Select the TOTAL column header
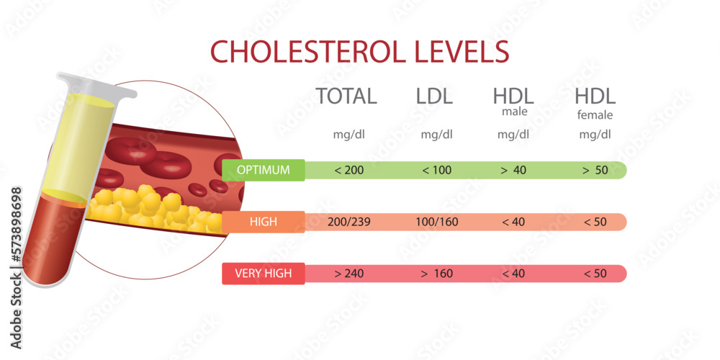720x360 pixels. [346, 96]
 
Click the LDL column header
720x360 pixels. [434, 96]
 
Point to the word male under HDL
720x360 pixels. [514, 112]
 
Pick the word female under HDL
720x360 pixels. [595, 114]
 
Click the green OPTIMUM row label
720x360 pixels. [264, 171]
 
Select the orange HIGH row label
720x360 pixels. [264, 222]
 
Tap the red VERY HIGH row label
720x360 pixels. [264, 274]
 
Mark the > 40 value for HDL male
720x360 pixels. [513, 171]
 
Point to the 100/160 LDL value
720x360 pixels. [437, 222]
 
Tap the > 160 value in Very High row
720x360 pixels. [437, 274]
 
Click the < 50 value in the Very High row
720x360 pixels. [595, 274]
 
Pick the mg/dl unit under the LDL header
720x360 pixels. [437, 135]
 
